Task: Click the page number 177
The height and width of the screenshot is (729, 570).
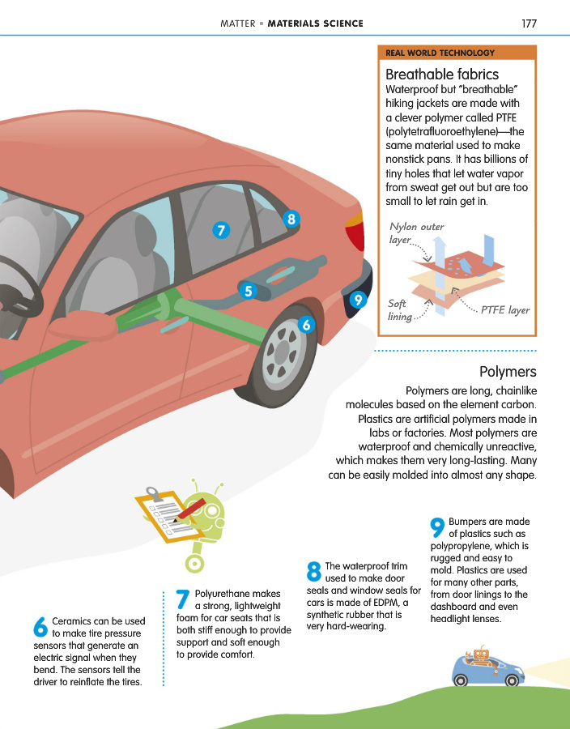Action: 530,23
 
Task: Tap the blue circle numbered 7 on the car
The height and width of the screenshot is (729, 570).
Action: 220,230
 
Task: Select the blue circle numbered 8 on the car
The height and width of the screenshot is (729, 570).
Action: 291,218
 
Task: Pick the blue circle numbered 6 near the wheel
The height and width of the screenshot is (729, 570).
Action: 305,325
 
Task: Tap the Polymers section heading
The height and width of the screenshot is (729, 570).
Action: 508,372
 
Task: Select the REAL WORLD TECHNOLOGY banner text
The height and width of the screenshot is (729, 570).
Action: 440,53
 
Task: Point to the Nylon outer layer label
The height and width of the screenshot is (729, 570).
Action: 416,234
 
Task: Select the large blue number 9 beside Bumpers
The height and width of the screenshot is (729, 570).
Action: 436,528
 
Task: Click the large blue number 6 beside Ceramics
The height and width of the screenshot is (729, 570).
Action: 40,628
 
